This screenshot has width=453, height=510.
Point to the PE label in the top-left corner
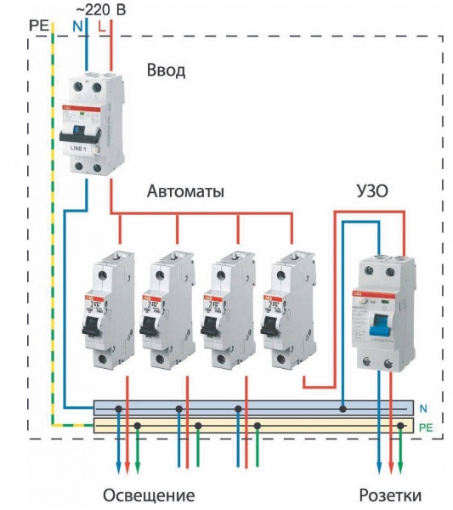coord(39,25)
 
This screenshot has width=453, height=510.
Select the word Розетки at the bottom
coord(389,495)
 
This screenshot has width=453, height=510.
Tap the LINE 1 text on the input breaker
coord(79,149)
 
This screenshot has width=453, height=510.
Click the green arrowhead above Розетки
coord(401,470)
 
